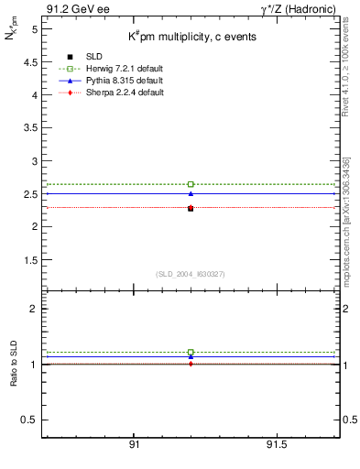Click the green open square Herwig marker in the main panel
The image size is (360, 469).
coord(191,184)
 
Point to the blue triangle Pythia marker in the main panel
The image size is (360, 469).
coord(191,193)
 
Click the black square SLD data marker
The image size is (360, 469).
coord(191,209)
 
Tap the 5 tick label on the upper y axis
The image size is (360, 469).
coord(34,29)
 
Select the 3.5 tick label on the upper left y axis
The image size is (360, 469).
coord(30,127)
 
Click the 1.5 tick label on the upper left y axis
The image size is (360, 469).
coord(30,259)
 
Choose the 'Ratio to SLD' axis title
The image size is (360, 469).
coord(15,364)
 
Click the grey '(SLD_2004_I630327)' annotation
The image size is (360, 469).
coord(191,274)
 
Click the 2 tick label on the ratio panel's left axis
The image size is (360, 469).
coord(34,309)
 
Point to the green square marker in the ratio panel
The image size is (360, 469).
coord(191,352)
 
